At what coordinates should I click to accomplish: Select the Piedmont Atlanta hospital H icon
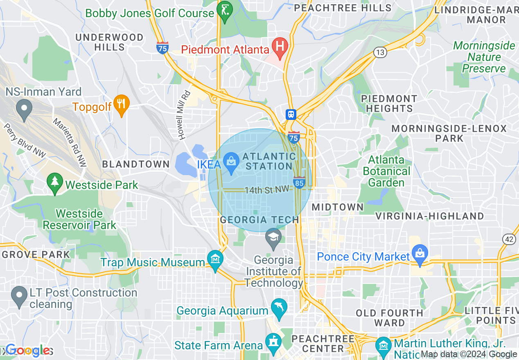pyautogui.click(x=280, y=46)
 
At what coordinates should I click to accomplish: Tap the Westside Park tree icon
pyautogui.click(x=54, y=182)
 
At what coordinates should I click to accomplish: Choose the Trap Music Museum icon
pyautogui.click(x=215, y=260)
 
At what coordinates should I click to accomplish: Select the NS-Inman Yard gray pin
pyautogui.click(x=24, y=109)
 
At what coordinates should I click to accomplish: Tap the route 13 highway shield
pyautogui.click(x=380, y=52)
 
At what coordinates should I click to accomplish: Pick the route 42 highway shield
pyautogui.click(x=510, y=240)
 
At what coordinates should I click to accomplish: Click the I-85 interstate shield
pyautogui.click(x=299, y=182)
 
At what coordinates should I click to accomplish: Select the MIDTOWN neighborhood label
pyautogui.click(x=337, y=207)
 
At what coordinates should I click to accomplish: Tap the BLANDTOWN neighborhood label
pyautogui.click(x=135, y=164)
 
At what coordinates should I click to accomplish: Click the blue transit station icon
pyautogui.click(x=291, y=114)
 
